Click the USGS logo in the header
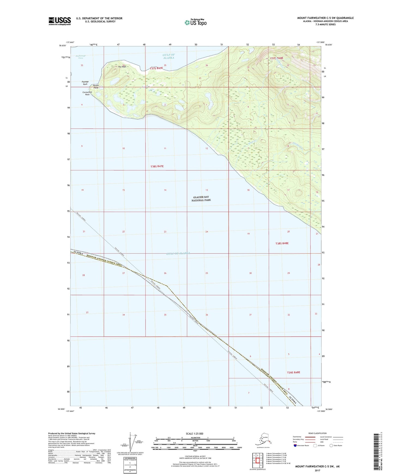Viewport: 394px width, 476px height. [x=59, y=21]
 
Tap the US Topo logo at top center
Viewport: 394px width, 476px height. [x=195, y=22]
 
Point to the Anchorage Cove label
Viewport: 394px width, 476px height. [x=80, y=57]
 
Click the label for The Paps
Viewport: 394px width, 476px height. [x=122, y=67]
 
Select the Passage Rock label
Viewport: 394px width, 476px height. [x=85, y=83]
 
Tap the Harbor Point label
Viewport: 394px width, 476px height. [x=96, y=87]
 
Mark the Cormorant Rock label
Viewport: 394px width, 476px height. [x=87, y=93]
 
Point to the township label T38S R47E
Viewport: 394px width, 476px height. [x=157, y=166]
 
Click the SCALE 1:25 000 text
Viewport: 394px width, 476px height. [x=194, y=433]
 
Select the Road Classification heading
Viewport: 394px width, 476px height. [x=317, y=433]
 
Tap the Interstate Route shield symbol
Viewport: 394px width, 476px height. [x=295, y=445]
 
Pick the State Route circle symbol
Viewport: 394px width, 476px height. [x=331, y=445]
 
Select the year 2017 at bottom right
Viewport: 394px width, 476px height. [x=317, y=470]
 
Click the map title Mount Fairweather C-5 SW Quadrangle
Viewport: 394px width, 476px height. [x=325, y=18]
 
